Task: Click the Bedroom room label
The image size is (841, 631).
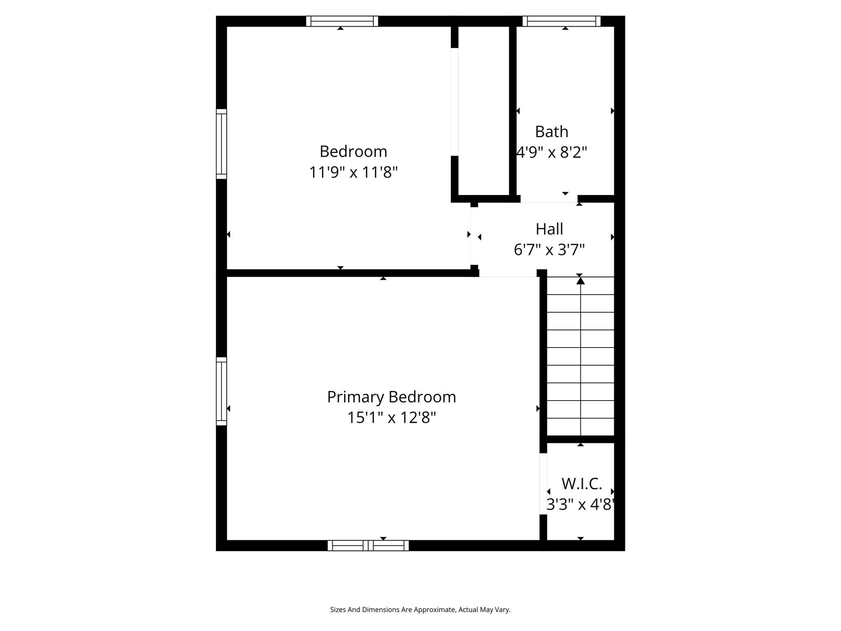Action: click(x=353, y=152)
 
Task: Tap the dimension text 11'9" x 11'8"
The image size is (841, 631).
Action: click(x=353, y=172)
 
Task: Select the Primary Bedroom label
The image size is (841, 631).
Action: click(x=391, y=397)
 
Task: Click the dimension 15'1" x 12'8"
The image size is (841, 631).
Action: click(x=391, y=418)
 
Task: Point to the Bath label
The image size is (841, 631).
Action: click(x=551, y=132)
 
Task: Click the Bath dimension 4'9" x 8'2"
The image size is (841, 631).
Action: click(x=551, y=152)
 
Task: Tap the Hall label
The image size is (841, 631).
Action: click(x=549, y=229)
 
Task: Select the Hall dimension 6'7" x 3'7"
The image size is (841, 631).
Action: click(x=549, y=250)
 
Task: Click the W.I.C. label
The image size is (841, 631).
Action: click(x=581, y=484)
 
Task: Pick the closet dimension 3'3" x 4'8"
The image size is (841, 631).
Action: click(x=581, y=504)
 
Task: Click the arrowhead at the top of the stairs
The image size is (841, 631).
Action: click(x=580, y=281)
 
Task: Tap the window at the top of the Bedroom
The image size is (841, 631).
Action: click(x=342, y=21)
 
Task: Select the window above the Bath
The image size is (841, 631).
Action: click(x=561, y=21)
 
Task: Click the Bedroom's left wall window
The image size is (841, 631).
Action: click(x=221, y=144)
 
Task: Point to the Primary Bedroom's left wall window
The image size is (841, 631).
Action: click(x=221, y=391)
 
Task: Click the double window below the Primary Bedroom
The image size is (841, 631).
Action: click(x=368, y=546)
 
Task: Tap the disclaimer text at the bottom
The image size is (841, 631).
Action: click(x=420, y=610)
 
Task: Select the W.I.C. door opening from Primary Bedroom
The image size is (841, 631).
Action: click(x=543, y=484)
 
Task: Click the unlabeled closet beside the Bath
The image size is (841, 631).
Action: click(x=483, y=111)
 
